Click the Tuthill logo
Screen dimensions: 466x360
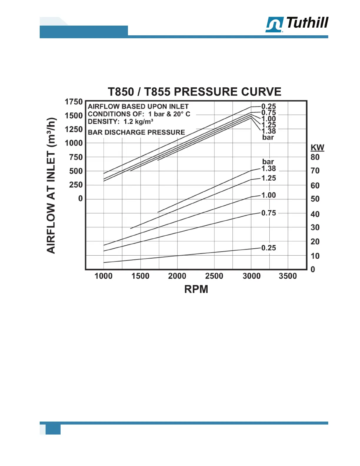(297, 24)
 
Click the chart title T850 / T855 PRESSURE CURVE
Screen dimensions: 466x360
(194, 92)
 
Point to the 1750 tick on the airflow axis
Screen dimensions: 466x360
(74, 102)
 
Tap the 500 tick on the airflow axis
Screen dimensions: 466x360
(76, 171)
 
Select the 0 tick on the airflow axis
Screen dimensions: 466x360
(80, 199)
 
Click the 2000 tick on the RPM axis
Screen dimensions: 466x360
(177, 276)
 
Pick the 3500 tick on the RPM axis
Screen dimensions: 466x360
(288, 276)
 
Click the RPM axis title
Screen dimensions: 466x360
(196, 289)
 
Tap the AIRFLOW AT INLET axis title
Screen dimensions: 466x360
(51, 185)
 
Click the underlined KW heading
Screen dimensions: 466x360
(317, 148)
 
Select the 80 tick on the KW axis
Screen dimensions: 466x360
(315, 157)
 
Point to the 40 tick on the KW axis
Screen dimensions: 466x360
(315, 214)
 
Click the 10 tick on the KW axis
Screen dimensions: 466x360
(315, 256)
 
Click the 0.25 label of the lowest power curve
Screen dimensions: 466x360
(269, 248)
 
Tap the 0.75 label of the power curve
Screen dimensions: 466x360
(269, 213)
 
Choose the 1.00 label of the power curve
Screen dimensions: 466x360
(269, 195)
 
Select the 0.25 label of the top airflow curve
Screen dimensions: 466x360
(269, 106)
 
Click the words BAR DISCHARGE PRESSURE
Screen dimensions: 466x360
(136, 132)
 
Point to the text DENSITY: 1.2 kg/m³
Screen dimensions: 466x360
(121, 122)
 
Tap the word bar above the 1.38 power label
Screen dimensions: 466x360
(268, 162)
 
